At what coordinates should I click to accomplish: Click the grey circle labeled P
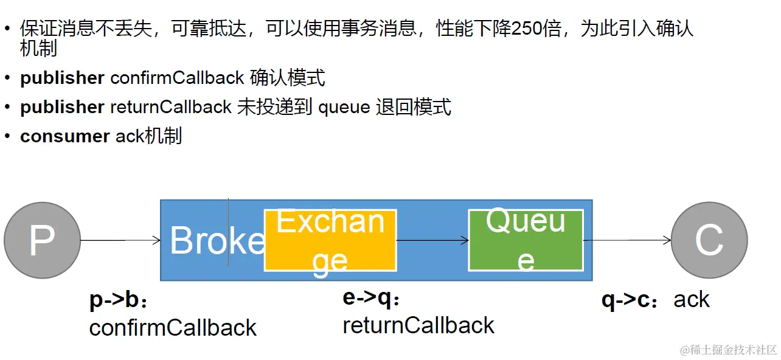[x=42, y=240]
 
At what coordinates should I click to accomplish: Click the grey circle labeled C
[x=709, y=240]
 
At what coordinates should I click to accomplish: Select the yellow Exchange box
[x=330, y=240]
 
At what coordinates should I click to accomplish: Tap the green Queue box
[x=526, y=240]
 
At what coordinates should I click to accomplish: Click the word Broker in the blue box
[x=216, y=241]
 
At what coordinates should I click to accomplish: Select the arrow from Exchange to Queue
[x=432, y=240]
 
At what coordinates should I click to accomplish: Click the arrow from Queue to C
[x=627, y=240]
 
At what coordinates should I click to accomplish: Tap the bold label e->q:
[x=372, y=299]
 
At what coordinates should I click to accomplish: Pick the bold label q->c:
[x=632, y=300]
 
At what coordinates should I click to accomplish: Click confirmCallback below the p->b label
[x=173, y=328]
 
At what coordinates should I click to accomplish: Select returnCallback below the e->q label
[x=418, y=326]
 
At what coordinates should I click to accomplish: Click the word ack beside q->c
[x=692, y=300]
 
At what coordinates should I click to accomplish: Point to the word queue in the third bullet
[x=344, y=108]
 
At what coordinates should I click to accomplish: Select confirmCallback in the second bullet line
[x=177, y=78]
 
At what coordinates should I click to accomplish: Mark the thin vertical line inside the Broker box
[x=229, y=231]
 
